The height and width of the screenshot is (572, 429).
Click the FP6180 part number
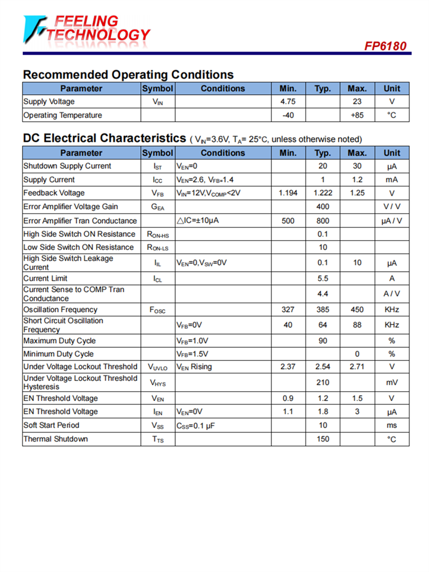click(385, 46)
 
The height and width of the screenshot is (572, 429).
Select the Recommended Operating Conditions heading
click(128, 74)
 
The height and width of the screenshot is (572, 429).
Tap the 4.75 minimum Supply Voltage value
click(288, 102)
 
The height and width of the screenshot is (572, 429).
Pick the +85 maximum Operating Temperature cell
click(357, 115)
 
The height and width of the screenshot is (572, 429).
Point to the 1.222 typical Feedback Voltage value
click(323, 193)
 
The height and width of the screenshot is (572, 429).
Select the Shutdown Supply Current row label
click(67, 166)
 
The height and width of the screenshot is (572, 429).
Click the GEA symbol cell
click(158, 207)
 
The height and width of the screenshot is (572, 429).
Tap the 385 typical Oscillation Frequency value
click(323, 309)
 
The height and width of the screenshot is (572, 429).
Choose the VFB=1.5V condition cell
click(192, 354)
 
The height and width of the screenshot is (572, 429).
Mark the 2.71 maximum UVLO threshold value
click(357, 367)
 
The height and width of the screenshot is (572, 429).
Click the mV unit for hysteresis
click(392, 382)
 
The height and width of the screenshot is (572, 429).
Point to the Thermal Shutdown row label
click(56, 439)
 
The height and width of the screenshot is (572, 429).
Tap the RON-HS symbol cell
click(158, 234)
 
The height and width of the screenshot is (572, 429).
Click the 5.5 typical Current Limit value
click(323, 279)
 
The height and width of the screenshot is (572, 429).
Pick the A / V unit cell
click(392, 294)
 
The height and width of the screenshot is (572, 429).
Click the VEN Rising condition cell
click(194, 367)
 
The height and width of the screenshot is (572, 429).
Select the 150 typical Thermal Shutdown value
click(323, 439)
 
